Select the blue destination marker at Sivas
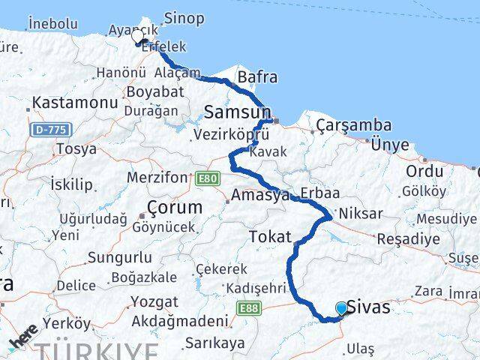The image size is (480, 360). click(x=342, y=308)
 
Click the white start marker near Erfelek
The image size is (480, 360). click(x=137, y=35)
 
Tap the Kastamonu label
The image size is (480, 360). click(x=73, y=101)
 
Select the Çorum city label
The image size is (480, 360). click(x=175, y=206)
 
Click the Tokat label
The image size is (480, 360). click(x=270, y=236)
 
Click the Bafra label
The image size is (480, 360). click(x=257, y=76)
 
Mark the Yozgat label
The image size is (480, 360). click(x=154, y=301)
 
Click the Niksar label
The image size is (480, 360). click(x=360, y=213)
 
